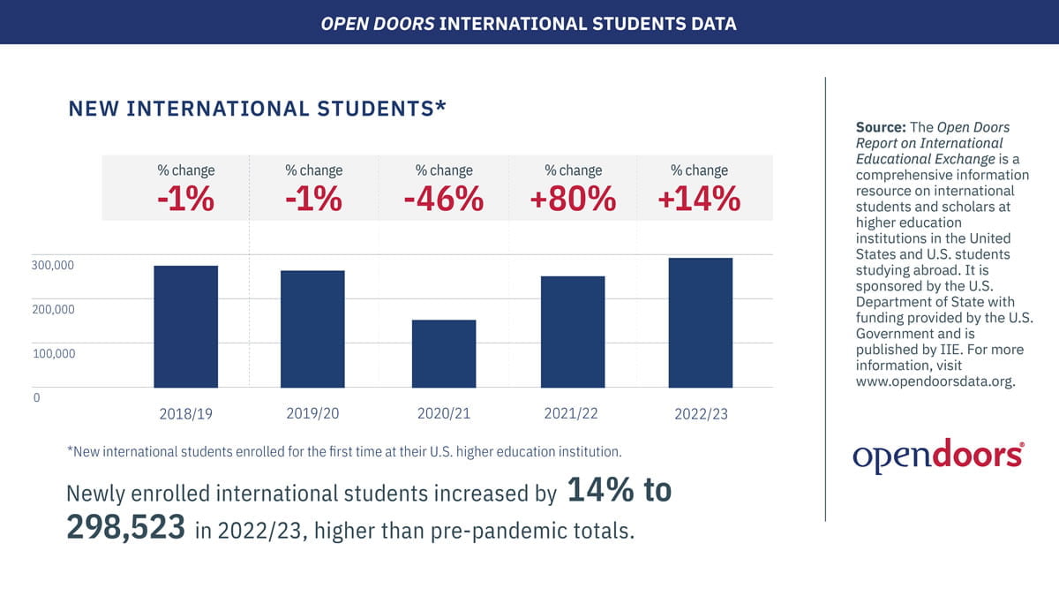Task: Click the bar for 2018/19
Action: tap(186, 326)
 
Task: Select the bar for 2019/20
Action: tap(312, 328)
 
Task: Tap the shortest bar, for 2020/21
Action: tap(444, 353)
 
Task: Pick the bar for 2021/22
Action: tap(573, 331)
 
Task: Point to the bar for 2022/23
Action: tap(701, 322)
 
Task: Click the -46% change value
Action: tap(443, 200)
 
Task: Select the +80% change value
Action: tap(573, 200)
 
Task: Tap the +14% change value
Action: tap(699, 200)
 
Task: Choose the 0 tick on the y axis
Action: tap(37, 397)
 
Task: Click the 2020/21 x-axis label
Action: tap(444, 413)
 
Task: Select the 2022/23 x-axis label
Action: tap(701, 414)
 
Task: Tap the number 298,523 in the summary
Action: tap(125, 529)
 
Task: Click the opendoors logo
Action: tap(938, 455)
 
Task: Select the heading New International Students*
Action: tap(257, 109)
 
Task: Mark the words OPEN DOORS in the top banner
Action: tap(378, 22)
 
